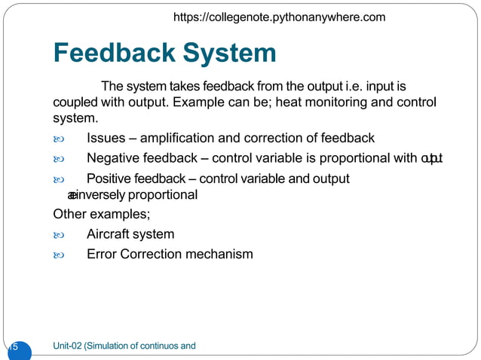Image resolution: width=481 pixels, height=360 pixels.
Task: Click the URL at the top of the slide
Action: (x=279, y=17)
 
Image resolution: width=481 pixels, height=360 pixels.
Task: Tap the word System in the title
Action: (x=231, y=53)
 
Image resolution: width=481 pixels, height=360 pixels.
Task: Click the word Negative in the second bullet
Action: (x=113, y=158)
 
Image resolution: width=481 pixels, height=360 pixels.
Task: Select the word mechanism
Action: (x=219, y=254)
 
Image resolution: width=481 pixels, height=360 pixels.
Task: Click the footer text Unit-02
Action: (x=68, y=346)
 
